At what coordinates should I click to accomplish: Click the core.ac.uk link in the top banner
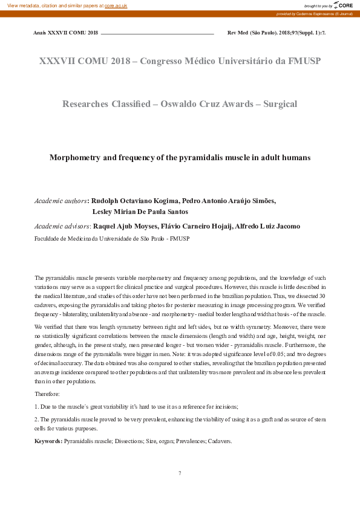tap(116, 5)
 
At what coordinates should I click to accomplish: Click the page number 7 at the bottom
tap(180, 473)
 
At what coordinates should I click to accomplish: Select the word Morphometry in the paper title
tap(74, 157)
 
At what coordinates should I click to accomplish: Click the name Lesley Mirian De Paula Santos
tap(140, 212)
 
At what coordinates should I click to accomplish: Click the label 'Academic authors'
tap(61, 200)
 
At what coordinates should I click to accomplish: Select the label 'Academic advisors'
tap(62, 226)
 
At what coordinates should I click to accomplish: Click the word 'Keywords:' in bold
tap(48, 441)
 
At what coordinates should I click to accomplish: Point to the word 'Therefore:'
tap(47, 394)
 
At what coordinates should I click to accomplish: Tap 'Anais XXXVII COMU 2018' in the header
tap(65, 31)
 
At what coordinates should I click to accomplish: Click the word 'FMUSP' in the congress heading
tap(304, 61)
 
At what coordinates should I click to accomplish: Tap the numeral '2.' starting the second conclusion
tap(37, 418)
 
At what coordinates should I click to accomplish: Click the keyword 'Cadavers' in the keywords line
tap(219, 441)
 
